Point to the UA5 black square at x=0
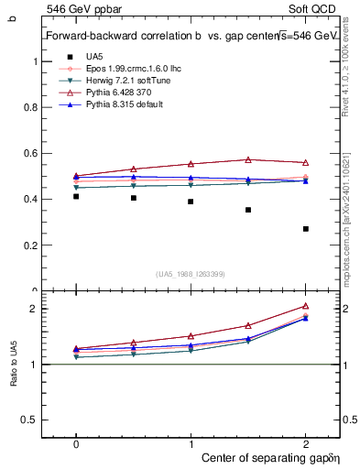tap(76, 196)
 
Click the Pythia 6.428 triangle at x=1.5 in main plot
tap(248, 159)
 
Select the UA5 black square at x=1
tap(191, 202)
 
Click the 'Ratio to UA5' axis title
tap(14, 364)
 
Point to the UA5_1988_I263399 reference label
tap(191, 273)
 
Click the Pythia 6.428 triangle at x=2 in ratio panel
tap(305, 306)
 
